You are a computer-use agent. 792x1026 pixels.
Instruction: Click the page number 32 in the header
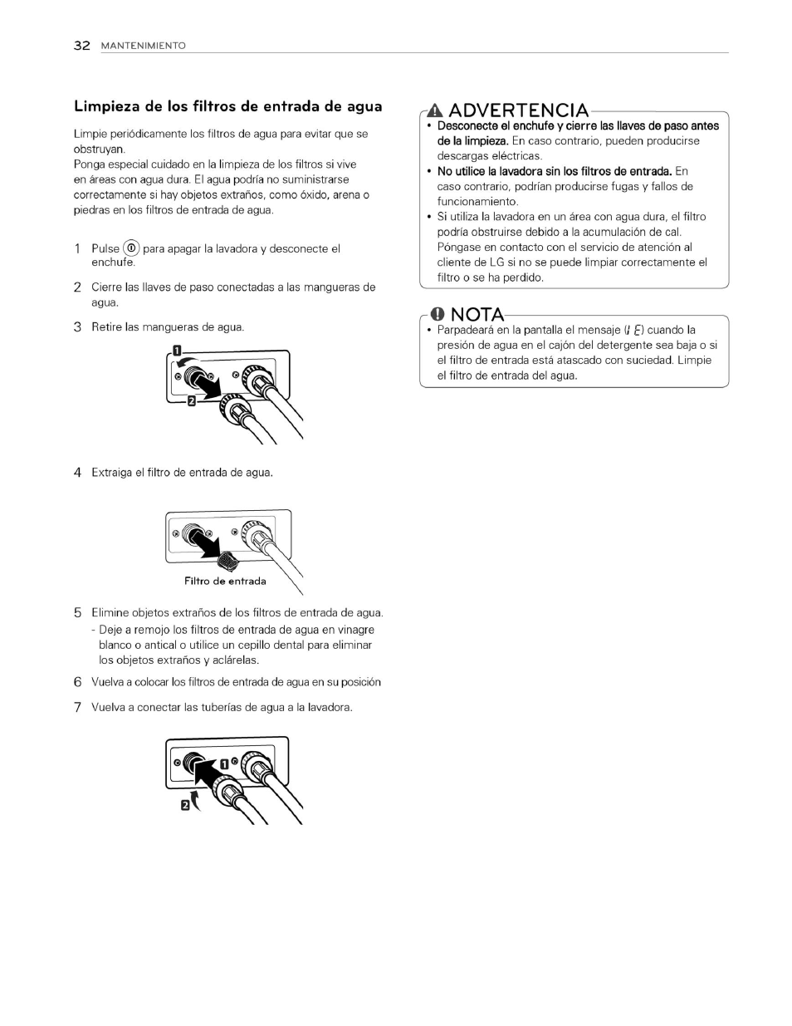[x=81, y=46]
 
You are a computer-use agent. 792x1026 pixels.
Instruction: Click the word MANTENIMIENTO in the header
[x=143, y=47]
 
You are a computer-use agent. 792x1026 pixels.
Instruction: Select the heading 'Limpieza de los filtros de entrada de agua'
[x=228, y=106]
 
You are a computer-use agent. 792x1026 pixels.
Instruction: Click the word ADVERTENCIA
[x=519, y=110]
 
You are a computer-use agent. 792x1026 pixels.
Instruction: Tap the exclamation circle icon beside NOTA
[x=438, y=314]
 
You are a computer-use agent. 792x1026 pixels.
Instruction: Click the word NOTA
[x=477, y=314]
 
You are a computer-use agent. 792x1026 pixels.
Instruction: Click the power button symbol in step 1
[x=131, y=248]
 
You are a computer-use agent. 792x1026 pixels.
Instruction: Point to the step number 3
[x=77, y=327]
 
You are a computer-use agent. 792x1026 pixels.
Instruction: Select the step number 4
[x=77, y=473]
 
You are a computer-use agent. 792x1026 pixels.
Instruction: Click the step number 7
[x=77, y=708]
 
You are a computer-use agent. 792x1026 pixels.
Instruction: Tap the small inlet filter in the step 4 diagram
[x=230, y=554]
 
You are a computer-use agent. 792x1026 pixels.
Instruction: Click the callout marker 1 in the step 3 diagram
[x=177, y=350]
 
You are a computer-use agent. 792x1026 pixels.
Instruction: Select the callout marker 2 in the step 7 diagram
[x=187, y=804]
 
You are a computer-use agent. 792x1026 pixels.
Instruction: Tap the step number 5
[x=77, y=613]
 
